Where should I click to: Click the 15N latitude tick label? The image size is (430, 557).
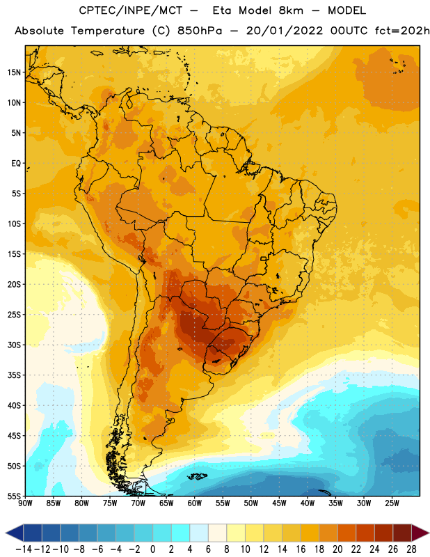click(x=14, y=72)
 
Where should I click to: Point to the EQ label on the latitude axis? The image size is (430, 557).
click(x=16, y=164)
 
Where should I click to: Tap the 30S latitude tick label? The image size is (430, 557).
click(x=14, y=345)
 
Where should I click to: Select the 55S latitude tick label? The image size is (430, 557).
click(x=14, y=496)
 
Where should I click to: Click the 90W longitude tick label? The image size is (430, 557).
click(x=25, y=503)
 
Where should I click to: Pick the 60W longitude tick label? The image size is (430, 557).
click(x=195, y=503)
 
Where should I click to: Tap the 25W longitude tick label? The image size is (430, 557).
click(x=392, y=503)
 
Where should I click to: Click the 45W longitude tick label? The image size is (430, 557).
click(x=279, y=503)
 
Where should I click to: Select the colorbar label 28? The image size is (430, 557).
click(x=411, y=549)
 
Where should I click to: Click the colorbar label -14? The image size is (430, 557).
click(x=24, y=549)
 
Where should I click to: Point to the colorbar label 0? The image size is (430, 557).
click(x=152, y=549)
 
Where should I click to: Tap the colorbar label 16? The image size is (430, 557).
click(x=301, y=549)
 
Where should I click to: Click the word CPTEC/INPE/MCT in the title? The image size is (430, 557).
click(x=131, y=10)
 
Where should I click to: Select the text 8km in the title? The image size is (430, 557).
click(x=291, y=10)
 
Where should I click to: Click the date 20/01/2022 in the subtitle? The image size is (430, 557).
click(x=285, y=31)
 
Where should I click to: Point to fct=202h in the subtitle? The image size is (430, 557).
click(x=402, y=31)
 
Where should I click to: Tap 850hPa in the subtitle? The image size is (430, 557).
click(x=200, y=31)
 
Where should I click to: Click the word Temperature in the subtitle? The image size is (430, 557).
click(x=108, y=31)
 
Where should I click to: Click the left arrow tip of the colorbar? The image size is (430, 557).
click(x=6, y=533)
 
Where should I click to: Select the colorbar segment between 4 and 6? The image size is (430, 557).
click(x=199, y=533)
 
